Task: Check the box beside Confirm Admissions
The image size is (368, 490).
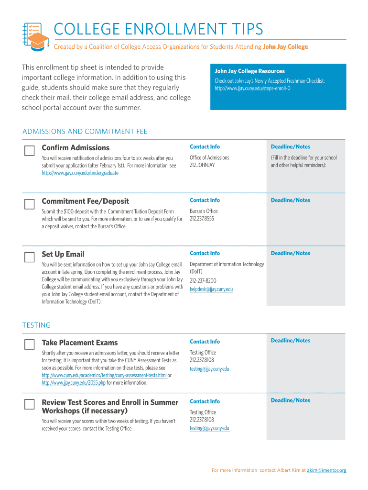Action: (x=29, y=151)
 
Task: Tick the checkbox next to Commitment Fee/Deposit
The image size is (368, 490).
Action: (x=29, y=204)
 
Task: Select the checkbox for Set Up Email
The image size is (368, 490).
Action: (x=29, y=257)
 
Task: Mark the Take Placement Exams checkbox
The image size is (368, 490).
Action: (x=29, y=345)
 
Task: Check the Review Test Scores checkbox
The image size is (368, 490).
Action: (x=29, y=404)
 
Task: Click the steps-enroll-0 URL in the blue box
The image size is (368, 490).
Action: (x=252, y=89)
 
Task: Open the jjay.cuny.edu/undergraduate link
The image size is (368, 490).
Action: (x=80, y=173)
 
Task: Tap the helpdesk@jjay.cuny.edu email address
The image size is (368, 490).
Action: (x=211, y=289)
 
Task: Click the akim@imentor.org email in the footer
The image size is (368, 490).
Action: (x=326, y=470)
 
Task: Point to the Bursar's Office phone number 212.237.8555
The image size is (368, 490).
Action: (x=202, y=219)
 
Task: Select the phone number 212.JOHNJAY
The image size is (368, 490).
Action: (x=202, y=165)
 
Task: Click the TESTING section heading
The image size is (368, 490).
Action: (x=36, y=325)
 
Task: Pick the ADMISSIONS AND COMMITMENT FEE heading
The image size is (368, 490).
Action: (x=85, y=132)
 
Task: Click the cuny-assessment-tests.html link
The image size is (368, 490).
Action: (x=104, y=375)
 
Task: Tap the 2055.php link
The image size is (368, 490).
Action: (x=74, y=383)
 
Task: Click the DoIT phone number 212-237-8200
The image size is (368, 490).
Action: (x=203, y=280)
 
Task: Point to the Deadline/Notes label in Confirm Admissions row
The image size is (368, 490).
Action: (x=290, y=147)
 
